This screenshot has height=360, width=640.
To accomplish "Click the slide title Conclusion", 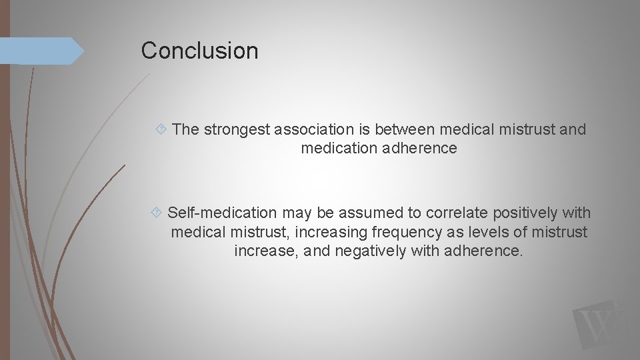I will pos(199,51).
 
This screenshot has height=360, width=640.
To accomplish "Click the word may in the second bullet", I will pos(293,213).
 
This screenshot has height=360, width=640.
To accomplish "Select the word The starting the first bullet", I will pos(186,130).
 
